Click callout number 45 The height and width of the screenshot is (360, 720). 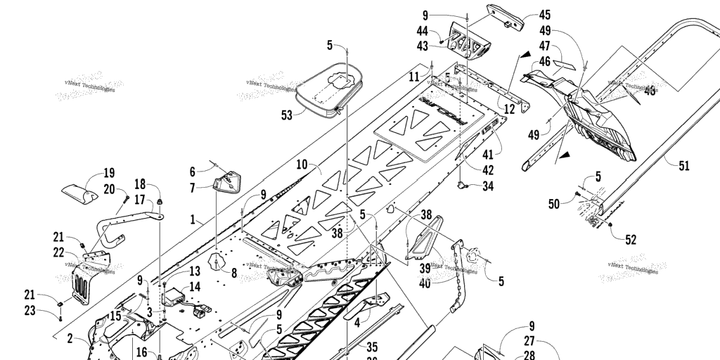545,14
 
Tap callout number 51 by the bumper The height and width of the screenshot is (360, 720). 684,166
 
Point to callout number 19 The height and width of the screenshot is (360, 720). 109,173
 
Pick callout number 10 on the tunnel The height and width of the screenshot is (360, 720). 302,165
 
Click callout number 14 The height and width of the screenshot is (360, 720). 195,287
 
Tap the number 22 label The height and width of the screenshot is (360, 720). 58,251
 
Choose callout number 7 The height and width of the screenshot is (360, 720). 193,188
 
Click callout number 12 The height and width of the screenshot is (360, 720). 510,109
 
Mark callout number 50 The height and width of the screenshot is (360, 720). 555,204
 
